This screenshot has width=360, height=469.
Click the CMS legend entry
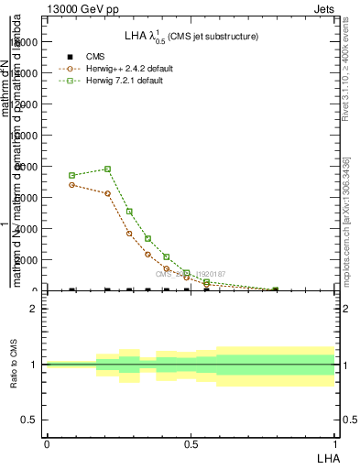pos(87,57)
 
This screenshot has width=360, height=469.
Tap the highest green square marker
pos(108,169)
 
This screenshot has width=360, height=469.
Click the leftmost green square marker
pos(71,175)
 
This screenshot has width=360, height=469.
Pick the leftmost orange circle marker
pos(71,185)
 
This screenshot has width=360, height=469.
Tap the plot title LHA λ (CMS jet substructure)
pos(191,37)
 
